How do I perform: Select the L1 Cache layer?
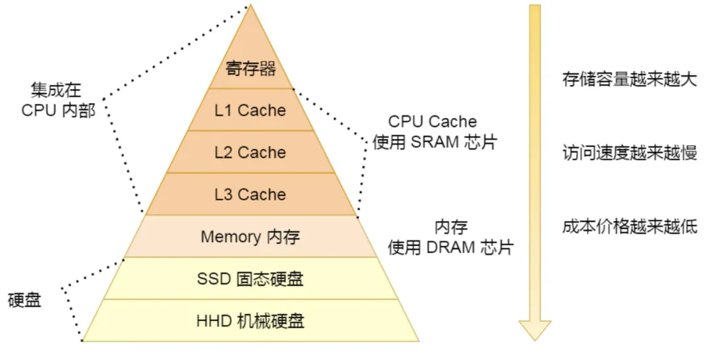pos(251,110)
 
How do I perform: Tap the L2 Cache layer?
pos(251,152)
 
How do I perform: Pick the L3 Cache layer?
pos(251,195)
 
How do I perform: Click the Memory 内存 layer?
pos(251,237)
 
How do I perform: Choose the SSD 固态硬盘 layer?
pos(251,279)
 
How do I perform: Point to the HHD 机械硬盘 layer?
pos(251,321)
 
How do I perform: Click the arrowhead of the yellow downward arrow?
pos(535,330)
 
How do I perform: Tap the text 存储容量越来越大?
pos(629,80)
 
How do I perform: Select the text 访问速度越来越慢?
pos(629,153)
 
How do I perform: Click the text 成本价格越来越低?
pos(629,227)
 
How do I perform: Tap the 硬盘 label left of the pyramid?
pos(24,300)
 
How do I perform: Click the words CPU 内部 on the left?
pos(58,110)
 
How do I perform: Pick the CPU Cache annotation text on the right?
pos(432,122)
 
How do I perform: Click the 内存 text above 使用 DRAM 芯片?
pos(451,227)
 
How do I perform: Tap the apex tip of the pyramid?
pos(251,6)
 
